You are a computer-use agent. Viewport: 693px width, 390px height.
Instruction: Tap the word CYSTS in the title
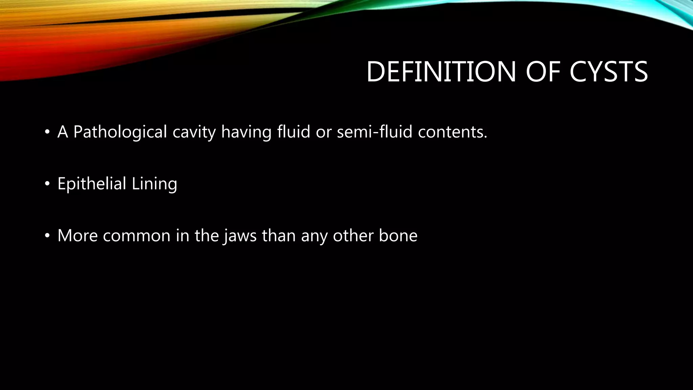pyautogui.click(x=608, y=72)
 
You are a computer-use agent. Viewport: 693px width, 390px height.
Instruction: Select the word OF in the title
pyautogui.click(x=543, y=72)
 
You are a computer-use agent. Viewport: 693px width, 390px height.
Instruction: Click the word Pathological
pyautogui.click(x=120, y=132)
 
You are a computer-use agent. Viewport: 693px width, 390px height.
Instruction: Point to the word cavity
pyautogui.click(x=194, y=132)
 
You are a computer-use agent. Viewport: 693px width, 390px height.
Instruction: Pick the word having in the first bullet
pyautogui.click(x=246, y=132)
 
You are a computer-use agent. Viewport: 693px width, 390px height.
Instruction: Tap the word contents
pyautogui.click(x=452, y=132)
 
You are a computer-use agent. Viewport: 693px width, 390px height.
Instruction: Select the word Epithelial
pyautogui.click(x=92, y=184)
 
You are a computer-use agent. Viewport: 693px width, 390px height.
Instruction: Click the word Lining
pyautogui.click(x=154, y=184)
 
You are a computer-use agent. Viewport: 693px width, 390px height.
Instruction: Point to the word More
pyautogui.click(x=77, y=236)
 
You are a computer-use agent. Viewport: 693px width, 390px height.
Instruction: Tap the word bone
pyautogui.click(x=398, y=236)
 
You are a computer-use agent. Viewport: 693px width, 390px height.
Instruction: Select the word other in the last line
pyautogui.click(x=353, y=236)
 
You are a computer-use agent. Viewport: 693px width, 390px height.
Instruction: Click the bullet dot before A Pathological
pyautogui.click(x=47, y=132)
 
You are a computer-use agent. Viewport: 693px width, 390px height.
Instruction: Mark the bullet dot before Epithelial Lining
pyautogui.click(x=47, y=184)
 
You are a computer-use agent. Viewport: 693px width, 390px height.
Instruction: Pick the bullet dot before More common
pyautogui.click(x=47, y=236)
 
